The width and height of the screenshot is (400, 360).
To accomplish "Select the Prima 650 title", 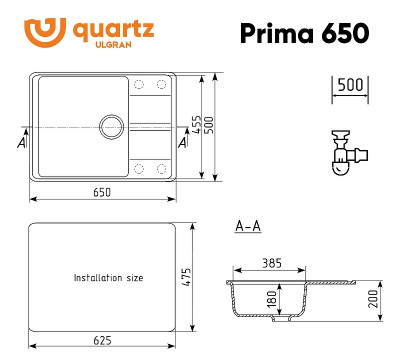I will [303, 33].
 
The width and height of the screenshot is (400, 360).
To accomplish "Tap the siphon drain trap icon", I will [348, 150].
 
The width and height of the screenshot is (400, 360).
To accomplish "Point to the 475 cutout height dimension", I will [198, 277].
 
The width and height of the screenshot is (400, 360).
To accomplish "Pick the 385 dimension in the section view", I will [271, 264].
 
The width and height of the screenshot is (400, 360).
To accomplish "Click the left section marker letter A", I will [22, 141].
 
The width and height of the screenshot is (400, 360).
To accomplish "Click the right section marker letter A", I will [181, 141].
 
